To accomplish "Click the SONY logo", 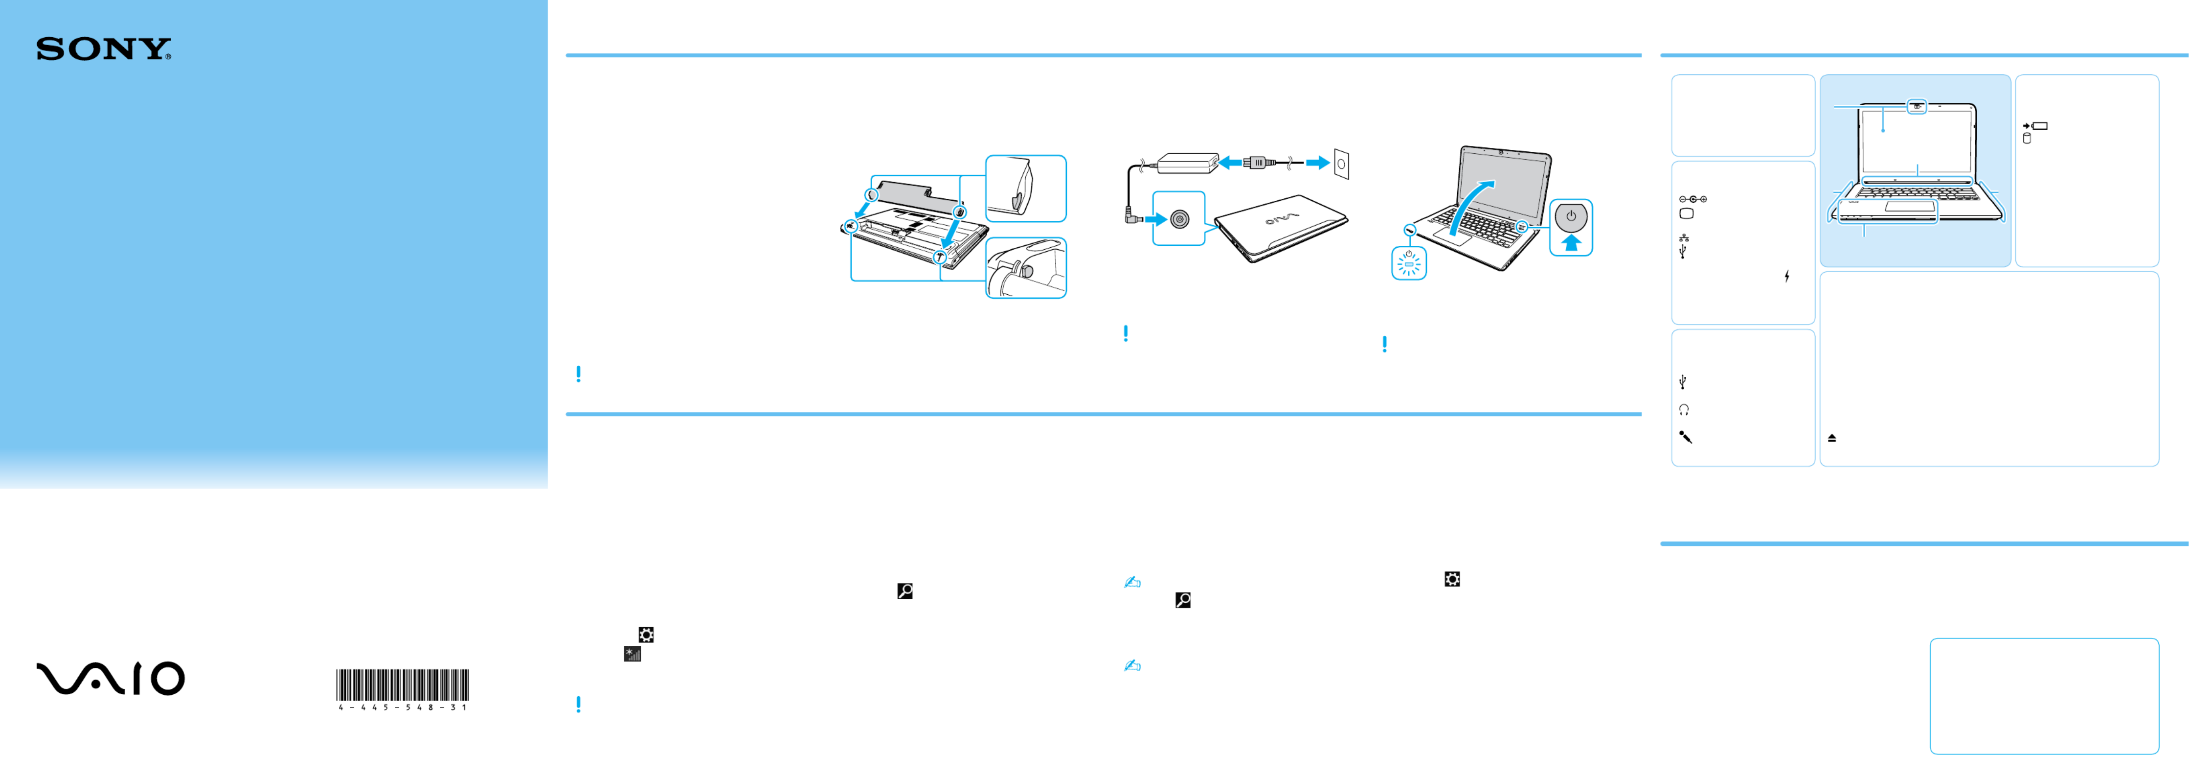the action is click(x=104, y=49).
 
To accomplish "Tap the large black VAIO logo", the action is click(x=111, y=679).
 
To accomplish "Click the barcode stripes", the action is click(x=403, y=685).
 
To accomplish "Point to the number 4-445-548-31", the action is click(x=403, y=707).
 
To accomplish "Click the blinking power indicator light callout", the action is click(x=1409, y=263).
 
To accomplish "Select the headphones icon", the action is click(x=1683, y=410).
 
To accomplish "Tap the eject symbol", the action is click(x=1832, y=438).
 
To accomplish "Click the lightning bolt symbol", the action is click(x=1787, y=276).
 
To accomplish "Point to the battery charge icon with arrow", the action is click(x=2035, y=126).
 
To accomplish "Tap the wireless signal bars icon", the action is click(x=632, y=654).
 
